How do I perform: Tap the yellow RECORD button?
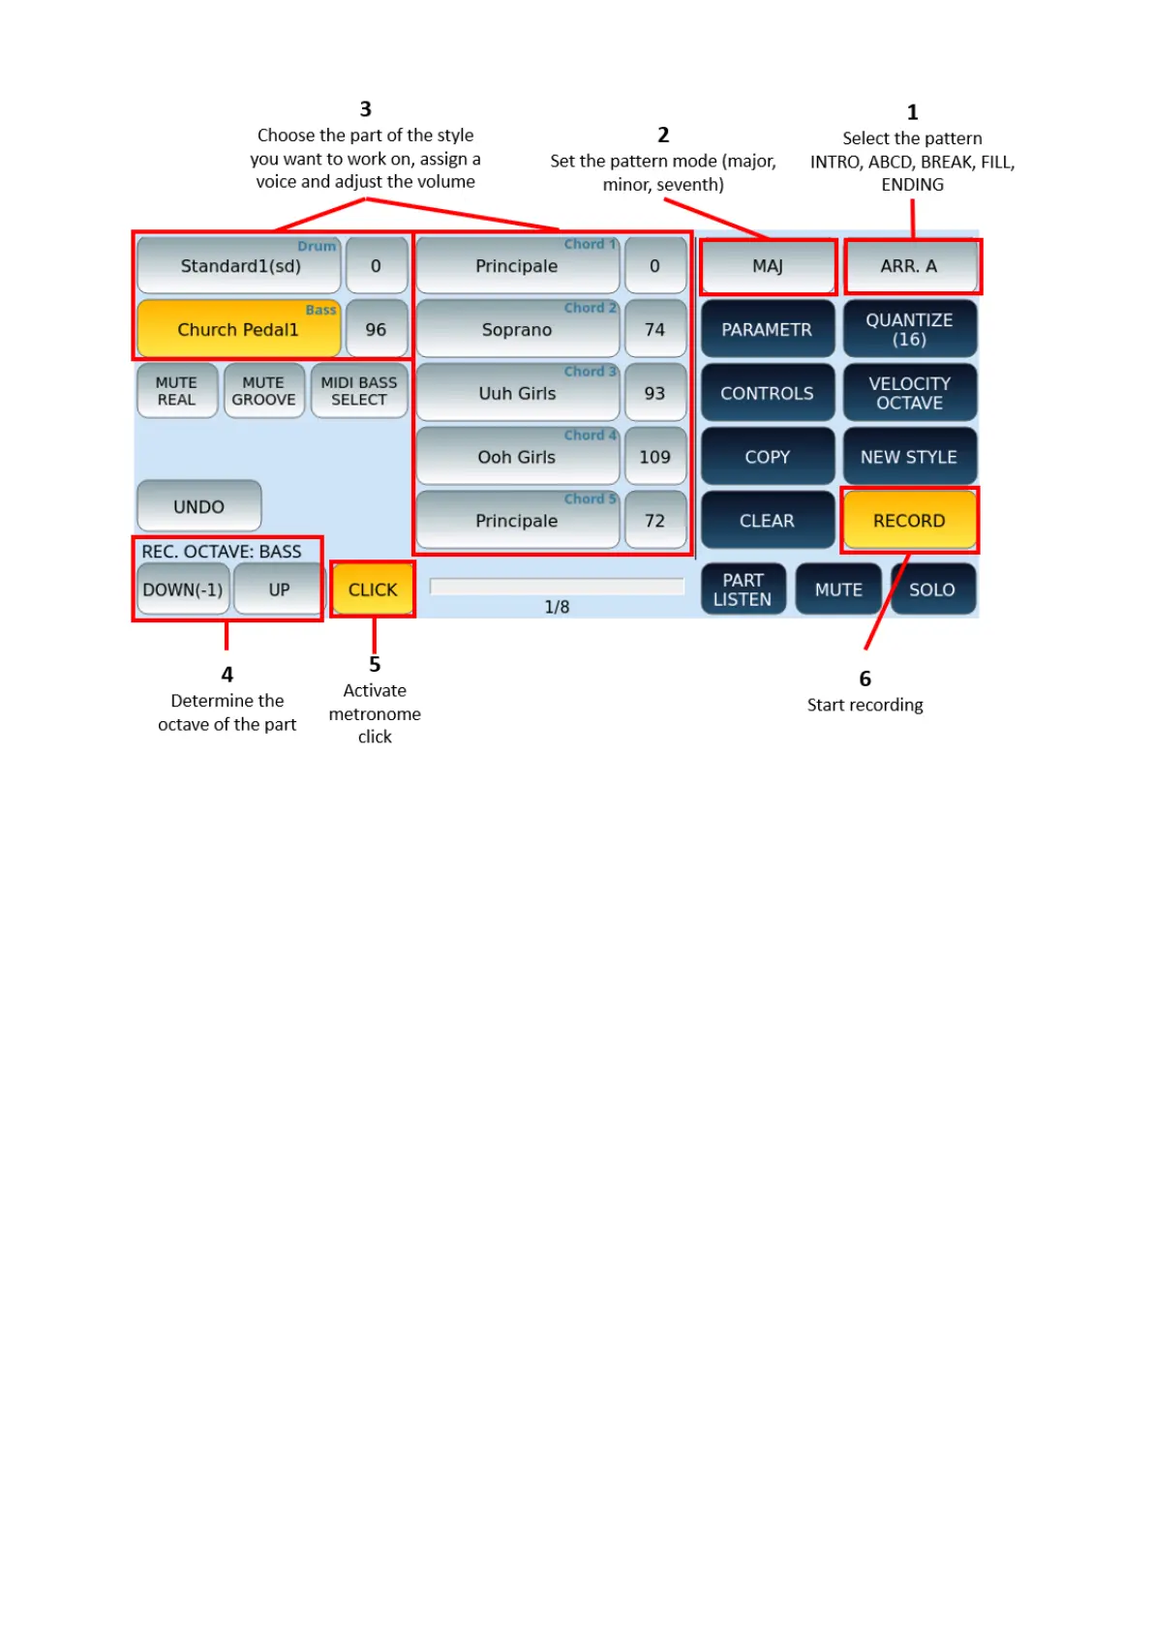(908, 521)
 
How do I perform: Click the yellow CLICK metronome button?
(373, 589)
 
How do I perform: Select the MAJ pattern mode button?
(767, 266)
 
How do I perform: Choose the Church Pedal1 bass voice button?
(238, 330)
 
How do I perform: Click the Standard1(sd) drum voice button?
(239, 266)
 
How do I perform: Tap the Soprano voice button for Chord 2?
(517, 330)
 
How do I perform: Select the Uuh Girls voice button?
(517, 394)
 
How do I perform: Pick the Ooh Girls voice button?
(517, 457)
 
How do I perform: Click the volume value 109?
(654, 457)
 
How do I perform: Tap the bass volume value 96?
(376, 330)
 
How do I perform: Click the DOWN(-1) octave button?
(183, 589)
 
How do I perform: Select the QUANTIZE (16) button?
(909, 330)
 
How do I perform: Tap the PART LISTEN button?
(743, 589)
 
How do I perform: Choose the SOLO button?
(931, 589)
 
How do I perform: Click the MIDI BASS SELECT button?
(359, 391)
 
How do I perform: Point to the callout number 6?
(865, 679)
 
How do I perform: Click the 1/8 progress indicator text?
(557, 607)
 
